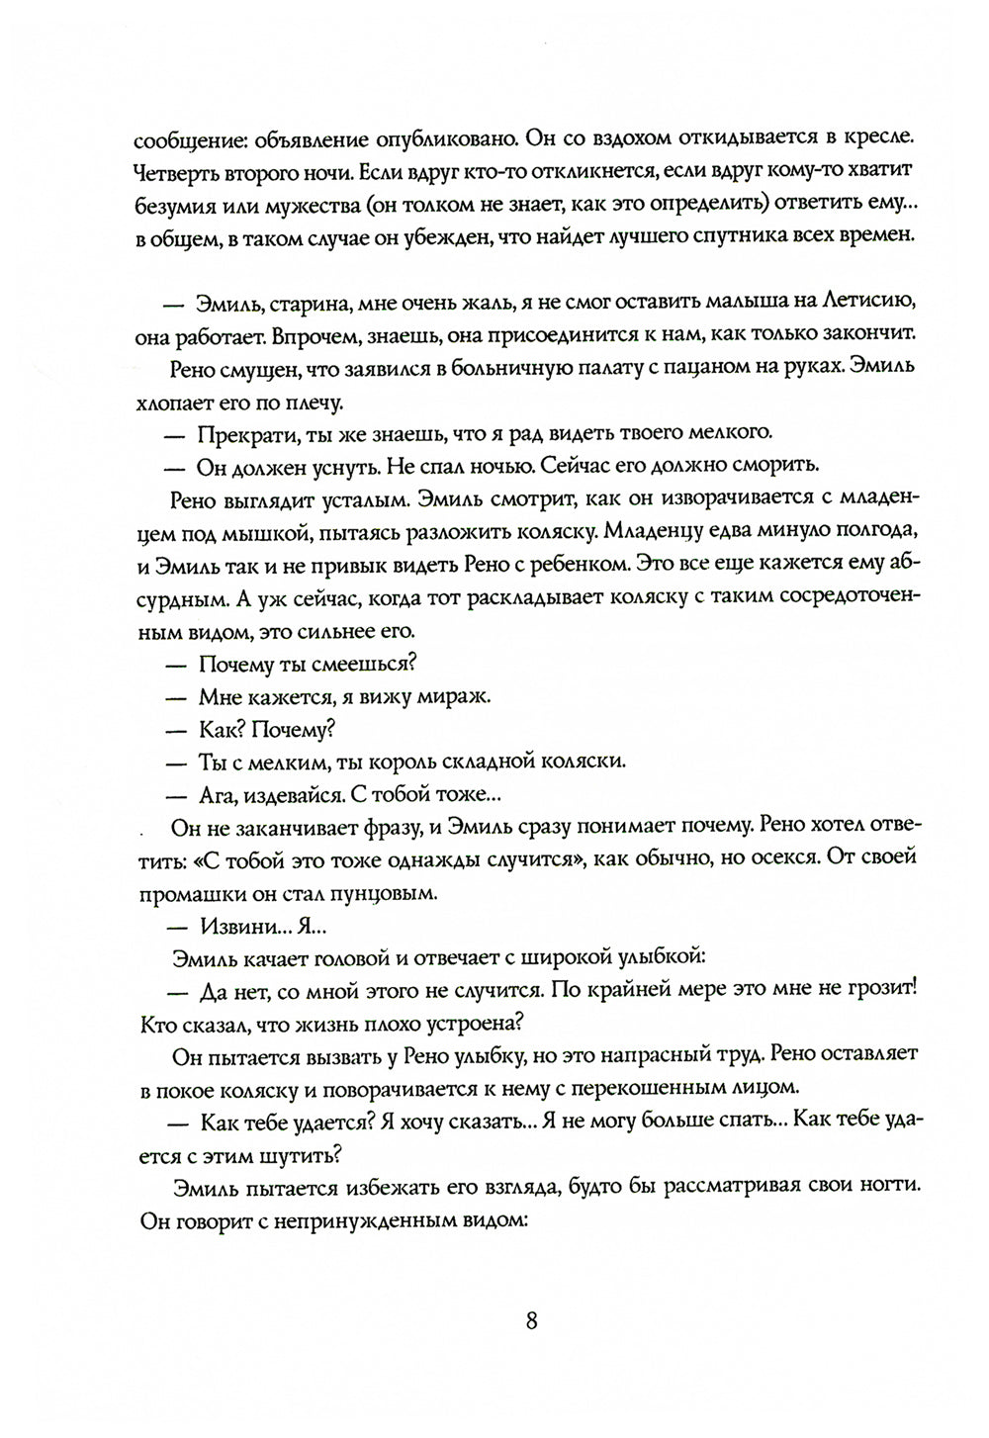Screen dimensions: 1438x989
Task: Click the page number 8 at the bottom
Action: click(x=531, y=1321)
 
